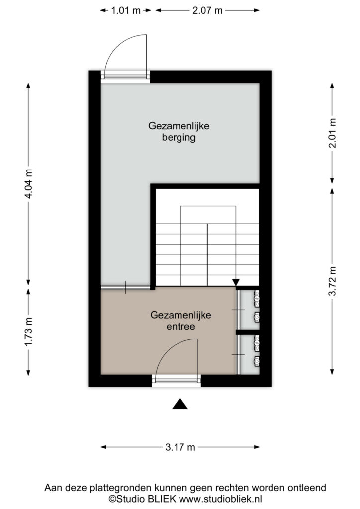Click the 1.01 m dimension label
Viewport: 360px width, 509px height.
point(126,11)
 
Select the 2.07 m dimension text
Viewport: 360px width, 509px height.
point(207,11)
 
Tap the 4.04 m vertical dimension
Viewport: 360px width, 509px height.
point(29,184)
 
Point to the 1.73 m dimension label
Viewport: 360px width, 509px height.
point(29,332)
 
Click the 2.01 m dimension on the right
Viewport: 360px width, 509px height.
point(332,133)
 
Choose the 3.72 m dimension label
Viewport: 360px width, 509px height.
point(332,281)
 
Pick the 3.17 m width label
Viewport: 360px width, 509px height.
point(180,448)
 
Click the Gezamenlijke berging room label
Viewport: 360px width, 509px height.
point(179,131)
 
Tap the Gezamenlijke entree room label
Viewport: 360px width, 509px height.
point(181,321)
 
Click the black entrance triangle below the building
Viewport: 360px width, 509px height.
point(180,404)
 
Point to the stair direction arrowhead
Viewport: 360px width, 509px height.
point(236,282)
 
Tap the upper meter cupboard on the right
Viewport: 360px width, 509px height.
point(248,309)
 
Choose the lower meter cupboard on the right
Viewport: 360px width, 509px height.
point(248,354)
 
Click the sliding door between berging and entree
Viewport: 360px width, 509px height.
point(126,288)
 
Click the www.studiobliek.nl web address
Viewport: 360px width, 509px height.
point(220,499)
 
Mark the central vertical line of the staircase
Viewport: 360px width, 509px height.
point(207,255)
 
